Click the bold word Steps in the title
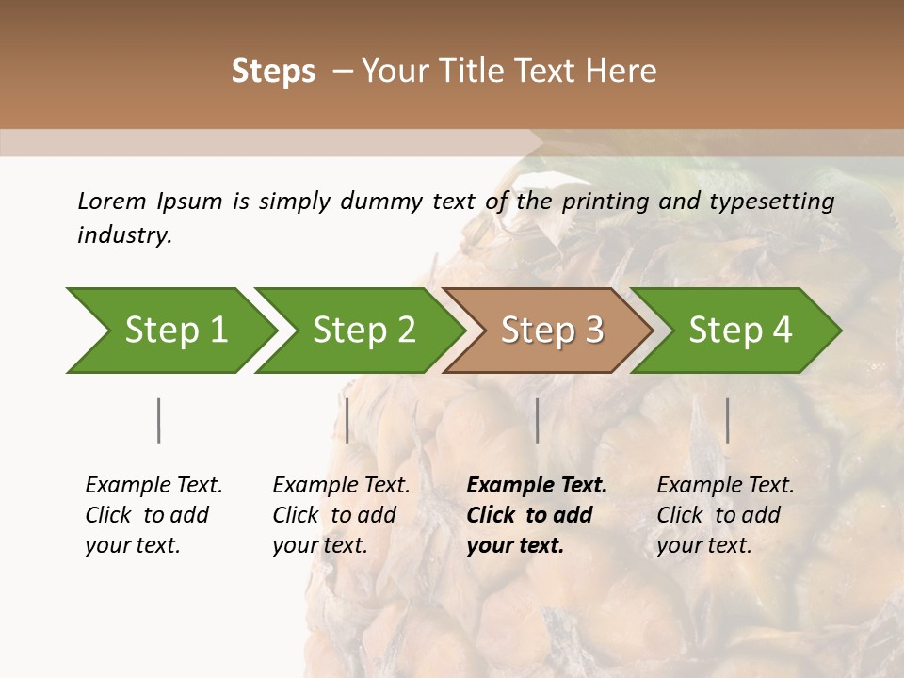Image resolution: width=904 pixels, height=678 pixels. (273, 72)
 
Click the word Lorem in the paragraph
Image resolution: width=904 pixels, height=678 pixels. (111, 201)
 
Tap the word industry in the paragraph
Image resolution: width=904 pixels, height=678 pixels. (124, 235)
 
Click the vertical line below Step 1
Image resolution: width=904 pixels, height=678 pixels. (158, 420)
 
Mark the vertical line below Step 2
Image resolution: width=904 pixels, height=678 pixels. (347, 420)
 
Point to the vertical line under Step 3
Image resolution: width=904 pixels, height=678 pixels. (537, 420)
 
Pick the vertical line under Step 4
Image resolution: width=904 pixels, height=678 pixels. (727, 420)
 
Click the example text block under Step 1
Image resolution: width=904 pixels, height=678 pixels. (153, 515)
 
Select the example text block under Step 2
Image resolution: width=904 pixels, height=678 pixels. (340, 515)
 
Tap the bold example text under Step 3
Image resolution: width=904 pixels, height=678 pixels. (536, 515)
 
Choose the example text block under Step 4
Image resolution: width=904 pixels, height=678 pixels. (724, 515)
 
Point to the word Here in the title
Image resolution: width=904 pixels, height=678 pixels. (622, 72)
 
